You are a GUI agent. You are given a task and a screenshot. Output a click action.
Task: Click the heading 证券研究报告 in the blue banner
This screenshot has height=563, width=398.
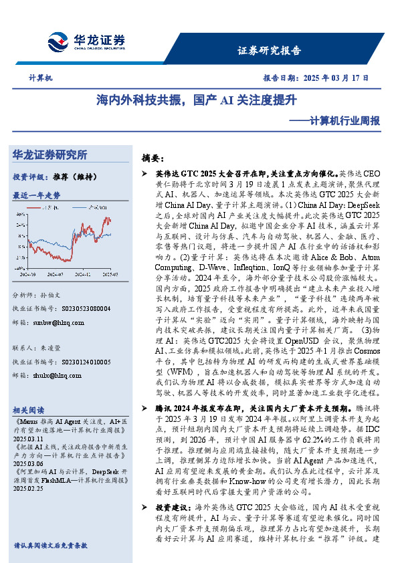point(269,50)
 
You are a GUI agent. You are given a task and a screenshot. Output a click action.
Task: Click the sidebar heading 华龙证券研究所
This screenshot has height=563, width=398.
point(49,155)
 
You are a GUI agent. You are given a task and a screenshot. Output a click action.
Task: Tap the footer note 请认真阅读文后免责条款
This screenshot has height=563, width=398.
point(50,546)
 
